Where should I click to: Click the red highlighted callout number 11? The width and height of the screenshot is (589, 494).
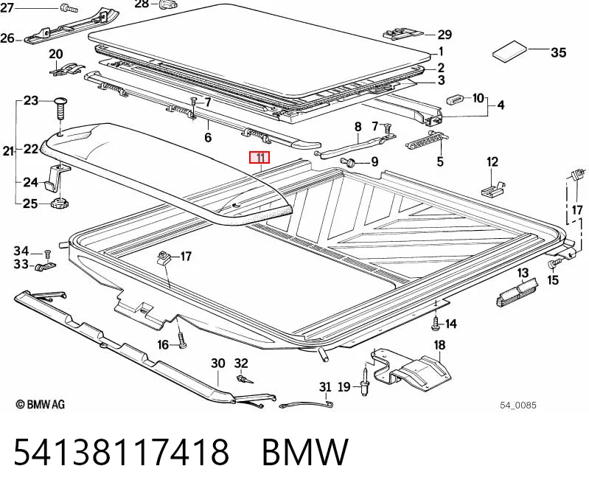(x=259, y=157)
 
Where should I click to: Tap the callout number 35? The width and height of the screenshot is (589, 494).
(x=558, y=52)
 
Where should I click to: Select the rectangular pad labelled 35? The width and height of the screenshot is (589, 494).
(x=510, y=51)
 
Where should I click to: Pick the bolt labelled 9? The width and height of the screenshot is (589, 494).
(x=348, y=162)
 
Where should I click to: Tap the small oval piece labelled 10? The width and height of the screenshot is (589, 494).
(x=455, y=100)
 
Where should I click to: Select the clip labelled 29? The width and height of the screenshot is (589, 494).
(x=403, y=34)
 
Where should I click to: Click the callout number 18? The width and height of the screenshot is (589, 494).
(x=439, y=345)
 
